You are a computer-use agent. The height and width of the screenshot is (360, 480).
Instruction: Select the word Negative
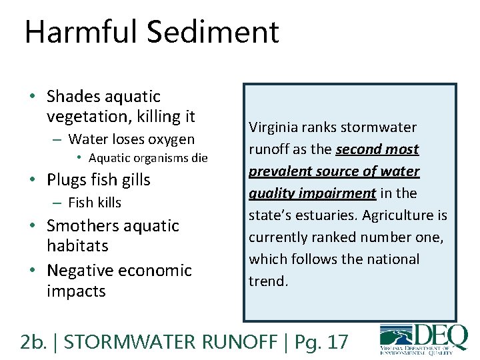click(81, 271)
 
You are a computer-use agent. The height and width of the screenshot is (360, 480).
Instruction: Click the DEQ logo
click(423, 339)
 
